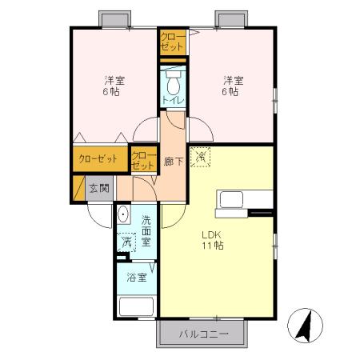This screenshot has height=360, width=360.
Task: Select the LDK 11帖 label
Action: point(211,239)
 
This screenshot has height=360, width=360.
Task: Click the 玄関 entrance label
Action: point(98,189)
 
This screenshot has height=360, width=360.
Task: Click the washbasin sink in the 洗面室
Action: point(123,215)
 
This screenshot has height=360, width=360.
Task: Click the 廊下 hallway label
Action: point(172,162)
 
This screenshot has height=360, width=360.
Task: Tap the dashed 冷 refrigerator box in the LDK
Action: point(202,158)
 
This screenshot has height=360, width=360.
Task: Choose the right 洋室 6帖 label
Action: point(232,86)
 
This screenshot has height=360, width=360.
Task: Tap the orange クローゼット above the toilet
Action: point(172,42)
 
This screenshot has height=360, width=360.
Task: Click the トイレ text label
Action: point(173,100)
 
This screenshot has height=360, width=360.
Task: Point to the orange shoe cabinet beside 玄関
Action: point(79,189)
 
